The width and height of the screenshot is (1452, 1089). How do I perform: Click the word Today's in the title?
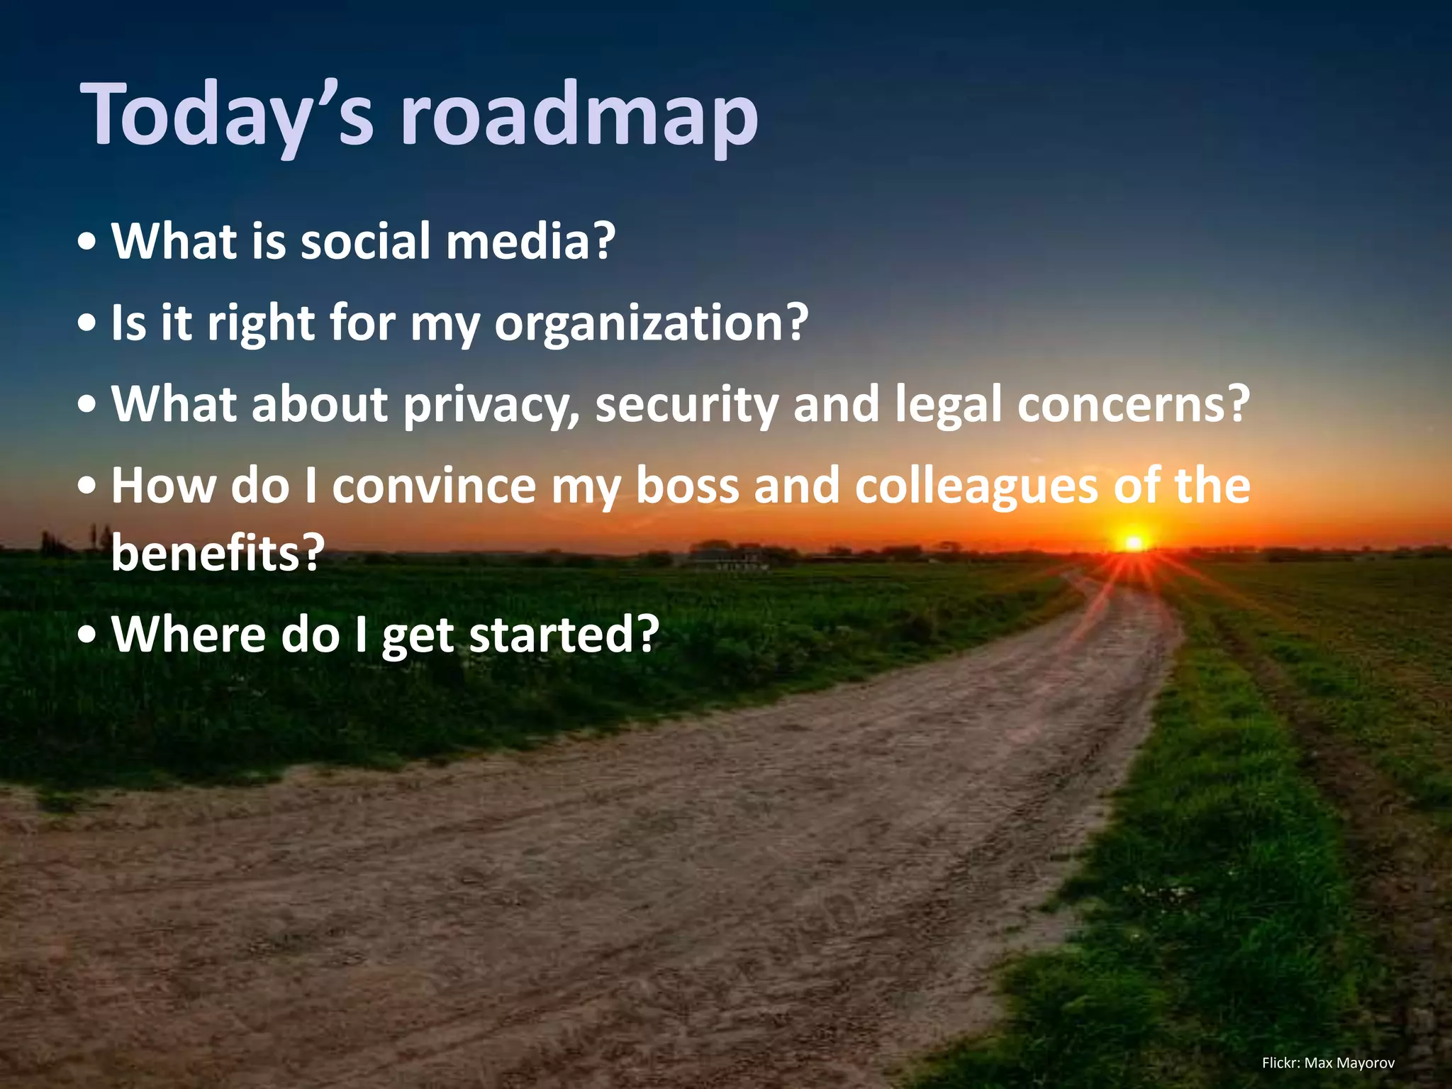pyautogui.click(x=227, y=115)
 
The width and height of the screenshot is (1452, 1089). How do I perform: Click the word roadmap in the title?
pyautogui.click(x=580, y=115)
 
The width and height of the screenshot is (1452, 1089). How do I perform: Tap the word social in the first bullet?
pyautogui.click(x=365, y=241)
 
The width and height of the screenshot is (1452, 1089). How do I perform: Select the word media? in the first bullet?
pyautogui.click(x=530, y=241)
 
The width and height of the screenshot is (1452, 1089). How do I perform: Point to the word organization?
pyautogui.click(x=651, y=323)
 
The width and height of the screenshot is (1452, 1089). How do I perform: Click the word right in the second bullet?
pyautogui.click(x=260, y=323)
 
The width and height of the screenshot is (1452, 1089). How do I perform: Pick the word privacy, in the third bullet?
pyautogui.click(x=492, y=405)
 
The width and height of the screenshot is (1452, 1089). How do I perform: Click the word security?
pyautogui.click(x=686, y=405)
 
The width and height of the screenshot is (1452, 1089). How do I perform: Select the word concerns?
pyautogui.click(x=1133, y=405)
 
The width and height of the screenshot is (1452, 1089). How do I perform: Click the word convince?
pyautogui.click(x=434, y=486)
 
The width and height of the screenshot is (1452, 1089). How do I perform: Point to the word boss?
pyautogui.click(x=687, y=486)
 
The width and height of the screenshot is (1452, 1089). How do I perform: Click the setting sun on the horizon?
pyautogui.click(x=1133, y=543)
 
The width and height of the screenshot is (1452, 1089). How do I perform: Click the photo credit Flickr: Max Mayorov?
pyautogui.click(x=1328, y=1063)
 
